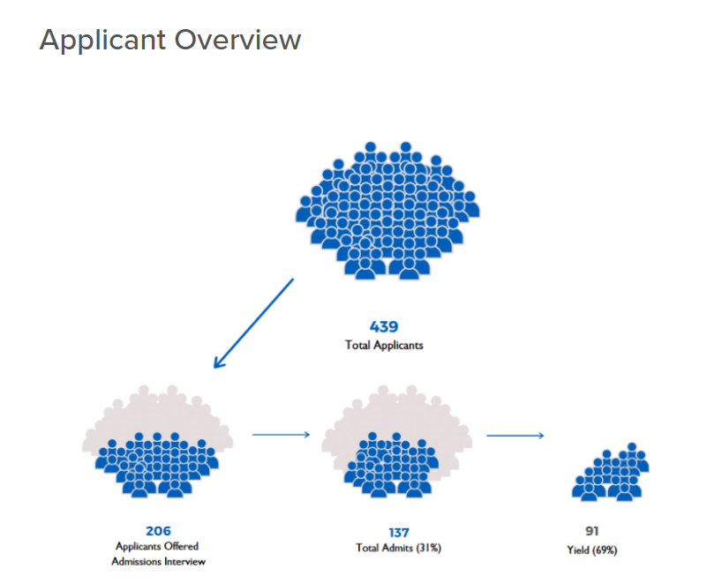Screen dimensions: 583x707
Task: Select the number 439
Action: click(384, 326)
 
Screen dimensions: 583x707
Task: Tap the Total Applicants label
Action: click(384, 345)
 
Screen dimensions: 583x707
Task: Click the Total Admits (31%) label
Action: click(398, 548)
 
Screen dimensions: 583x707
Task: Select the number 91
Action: click(591, 531)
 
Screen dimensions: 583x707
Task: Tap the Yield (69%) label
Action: click(591, 550)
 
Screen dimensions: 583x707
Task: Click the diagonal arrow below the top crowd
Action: click(253, 323)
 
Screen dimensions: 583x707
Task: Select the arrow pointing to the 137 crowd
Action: click(282, 434)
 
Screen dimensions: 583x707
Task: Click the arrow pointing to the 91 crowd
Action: click(515, 435)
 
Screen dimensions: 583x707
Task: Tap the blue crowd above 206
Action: click(156, 461)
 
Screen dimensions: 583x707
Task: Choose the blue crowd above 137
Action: click(388, 464)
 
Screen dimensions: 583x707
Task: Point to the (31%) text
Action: click(427, 548)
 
